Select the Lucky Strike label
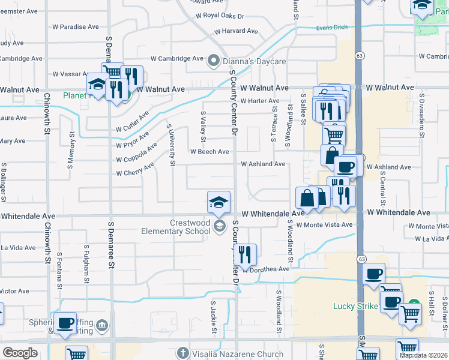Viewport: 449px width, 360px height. point(356,306)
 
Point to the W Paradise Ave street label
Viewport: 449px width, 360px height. point(76,27)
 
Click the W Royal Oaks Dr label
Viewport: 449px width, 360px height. point(220,16)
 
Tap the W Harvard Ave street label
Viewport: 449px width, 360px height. point(235,31)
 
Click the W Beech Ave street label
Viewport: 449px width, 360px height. point(209,152)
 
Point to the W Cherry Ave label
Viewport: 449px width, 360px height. point(137,173)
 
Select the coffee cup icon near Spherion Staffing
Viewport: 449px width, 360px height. point(65,322)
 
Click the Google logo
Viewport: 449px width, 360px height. point(20,353)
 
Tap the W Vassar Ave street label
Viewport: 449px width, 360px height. point(71,74)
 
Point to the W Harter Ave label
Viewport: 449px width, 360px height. point(260,101)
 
